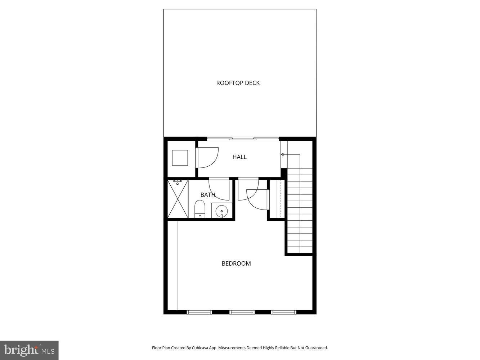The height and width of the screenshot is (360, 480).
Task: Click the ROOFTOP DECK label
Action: click(x=238, y=83)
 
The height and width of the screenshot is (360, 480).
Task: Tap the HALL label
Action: click(x=239, y=157)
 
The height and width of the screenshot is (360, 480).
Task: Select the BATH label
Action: click(x=208, y=195)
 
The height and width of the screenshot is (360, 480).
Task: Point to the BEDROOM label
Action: click(x=236, y=264)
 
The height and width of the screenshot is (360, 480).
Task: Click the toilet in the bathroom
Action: click(x=199, y=209)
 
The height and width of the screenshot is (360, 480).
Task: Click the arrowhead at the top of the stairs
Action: click(x=282, y=155)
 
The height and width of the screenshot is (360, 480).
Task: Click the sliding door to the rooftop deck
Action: click(x=243, y=138)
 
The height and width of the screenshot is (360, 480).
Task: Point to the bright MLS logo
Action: click(x=29, y=350)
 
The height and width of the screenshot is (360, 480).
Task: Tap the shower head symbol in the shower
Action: click(x=178, y=182)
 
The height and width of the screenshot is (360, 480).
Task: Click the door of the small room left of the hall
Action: click(x=207, y=157)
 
